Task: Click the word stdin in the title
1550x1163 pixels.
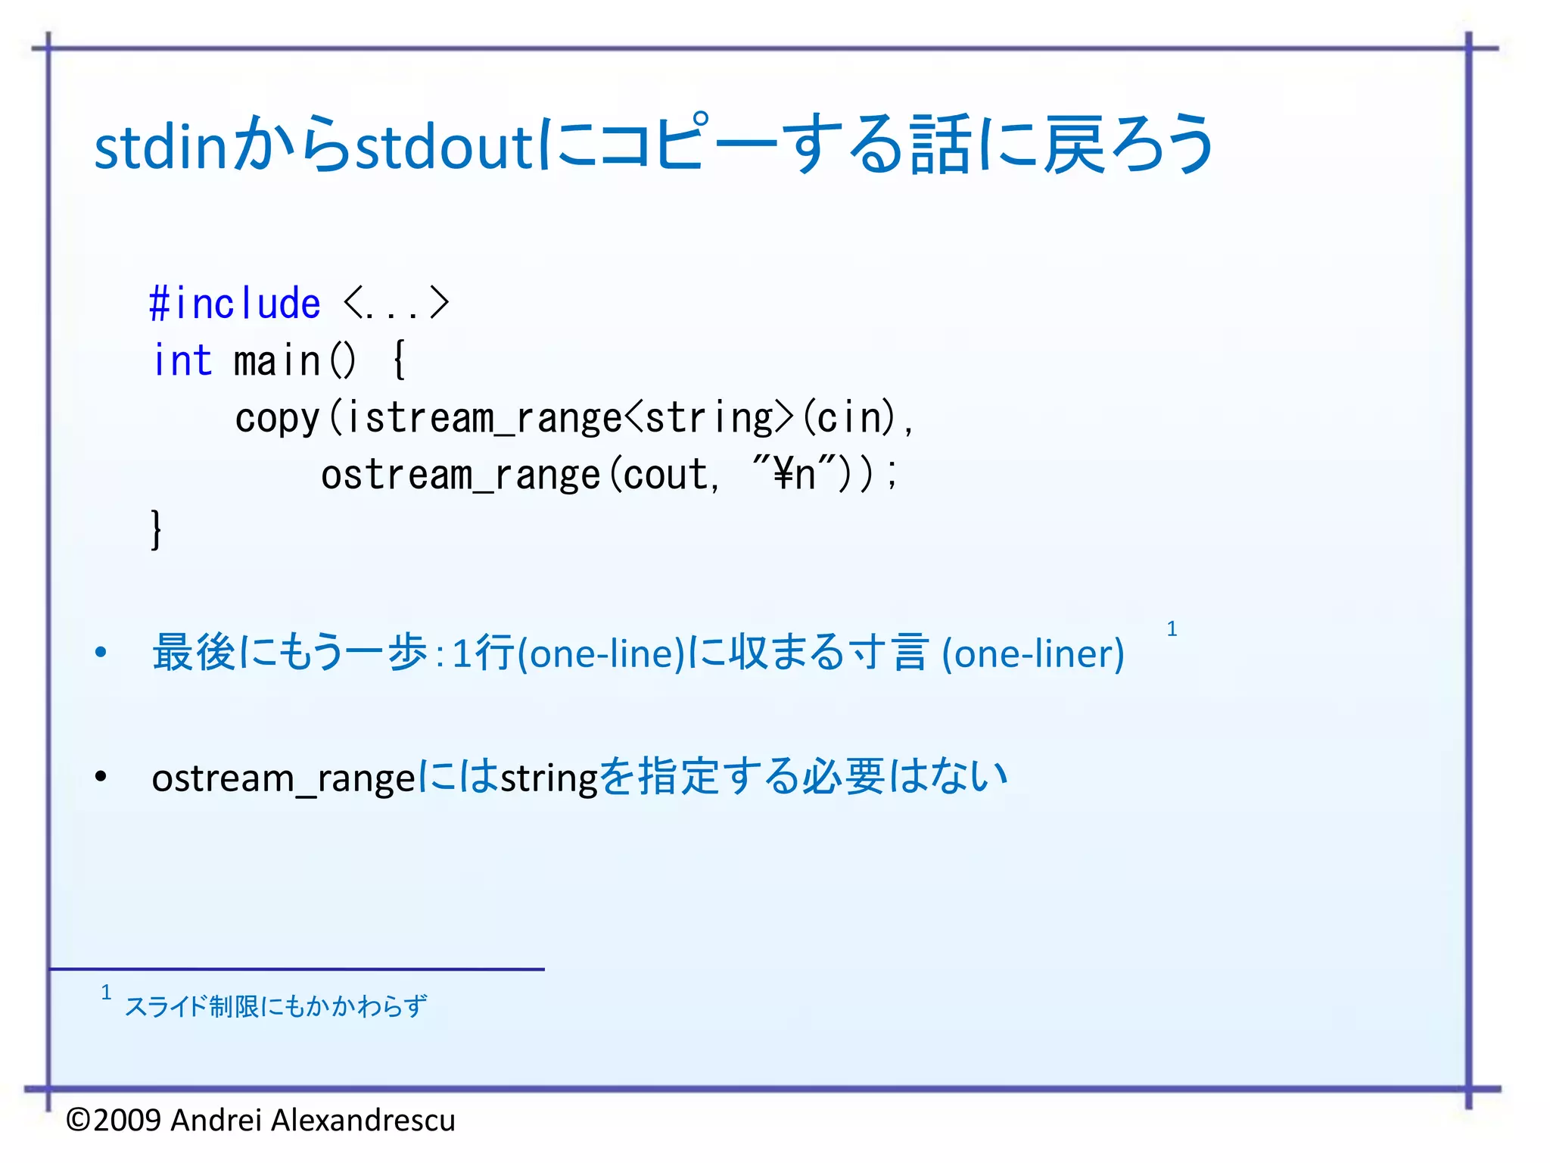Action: coord(160,145)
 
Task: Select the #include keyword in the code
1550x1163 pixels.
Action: coord(235,304)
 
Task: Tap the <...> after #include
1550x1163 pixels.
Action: coord(396,304)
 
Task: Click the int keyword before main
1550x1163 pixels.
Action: coord(182,360)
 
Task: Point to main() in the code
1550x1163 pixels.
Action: coord(294,360)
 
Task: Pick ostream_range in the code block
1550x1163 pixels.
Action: coord(460,475)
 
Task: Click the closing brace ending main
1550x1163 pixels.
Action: coord(156,529)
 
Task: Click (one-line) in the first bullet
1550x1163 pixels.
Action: coord(602,653)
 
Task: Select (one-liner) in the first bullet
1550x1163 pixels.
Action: coord(1032,653)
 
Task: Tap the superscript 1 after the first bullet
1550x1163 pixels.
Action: coord(1172,628)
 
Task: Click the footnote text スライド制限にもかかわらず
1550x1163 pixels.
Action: coord(275,1006)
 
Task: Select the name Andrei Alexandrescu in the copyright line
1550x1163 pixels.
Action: coord(313,1120)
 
